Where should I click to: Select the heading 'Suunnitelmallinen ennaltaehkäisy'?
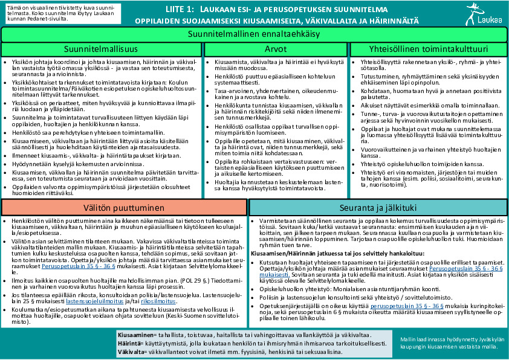click(x=254, y=34)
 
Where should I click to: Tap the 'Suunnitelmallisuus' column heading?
click(x=102, y=49)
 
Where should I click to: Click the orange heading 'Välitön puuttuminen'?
click(x=124, y=208)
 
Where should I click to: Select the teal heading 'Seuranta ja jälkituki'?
click(x=378, y=208)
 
